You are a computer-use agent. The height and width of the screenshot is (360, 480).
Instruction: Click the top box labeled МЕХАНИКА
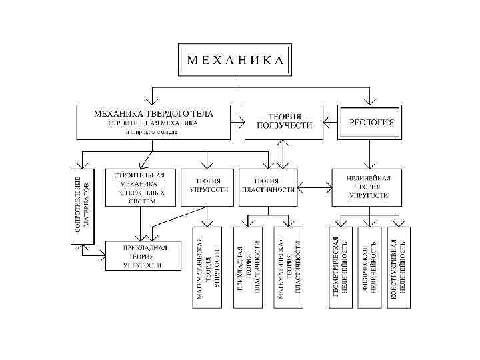(235, 59)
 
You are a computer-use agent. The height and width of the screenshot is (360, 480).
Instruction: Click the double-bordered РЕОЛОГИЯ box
(371, 122)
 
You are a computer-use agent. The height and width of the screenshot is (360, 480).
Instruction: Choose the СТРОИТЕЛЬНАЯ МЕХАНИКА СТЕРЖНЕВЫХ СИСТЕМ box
(140, 187)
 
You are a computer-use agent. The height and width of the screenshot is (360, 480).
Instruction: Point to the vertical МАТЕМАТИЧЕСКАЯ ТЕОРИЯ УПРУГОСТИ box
(208, 267)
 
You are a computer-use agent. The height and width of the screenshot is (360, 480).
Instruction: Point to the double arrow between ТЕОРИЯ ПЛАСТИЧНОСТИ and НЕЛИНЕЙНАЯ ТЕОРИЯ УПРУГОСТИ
(315, 184)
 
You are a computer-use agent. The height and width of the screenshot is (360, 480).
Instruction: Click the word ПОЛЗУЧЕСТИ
(285, 126)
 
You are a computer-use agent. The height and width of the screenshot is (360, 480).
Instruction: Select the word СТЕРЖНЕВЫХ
(139, 193)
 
